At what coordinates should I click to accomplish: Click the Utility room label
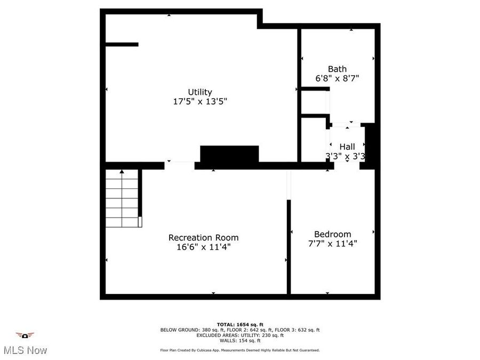tap(200, 92)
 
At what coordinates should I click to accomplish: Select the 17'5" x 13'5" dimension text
tap(200, 101)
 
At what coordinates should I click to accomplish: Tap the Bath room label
tap(337, 69)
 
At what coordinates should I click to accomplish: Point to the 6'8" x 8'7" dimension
tap(337, 78)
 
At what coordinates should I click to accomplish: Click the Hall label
tap(347, 147)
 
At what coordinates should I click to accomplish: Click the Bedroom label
tap(332, 234)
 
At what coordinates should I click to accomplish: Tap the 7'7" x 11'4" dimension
tap(332, 243)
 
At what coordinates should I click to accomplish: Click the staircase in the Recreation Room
tap(122, 198)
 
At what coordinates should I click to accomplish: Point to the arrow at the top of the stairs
tap(122, 172)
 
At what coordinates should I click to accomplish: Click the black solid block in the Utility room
tap(229, 154)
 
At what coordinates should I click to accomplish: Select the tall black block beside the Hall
tap(371, 146)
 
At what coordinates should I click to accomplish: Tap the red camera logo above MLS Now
tap(25, 335)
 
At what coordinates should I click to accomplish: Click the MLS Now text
tap(25, 350)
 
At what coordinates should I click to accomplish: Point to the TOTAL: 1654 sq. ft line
tap(240, 324)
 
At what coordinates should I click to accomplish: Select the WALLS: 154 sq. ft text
tap(240, 340)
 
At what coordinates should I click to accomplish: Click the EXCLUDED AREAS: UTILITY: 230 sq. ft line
tap(240, 335)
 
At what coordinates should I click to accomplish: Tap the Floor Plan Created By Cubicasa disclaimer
tap(240, 350)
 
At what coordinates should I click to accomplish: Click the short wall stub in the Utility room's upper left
tap(122, 44)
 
